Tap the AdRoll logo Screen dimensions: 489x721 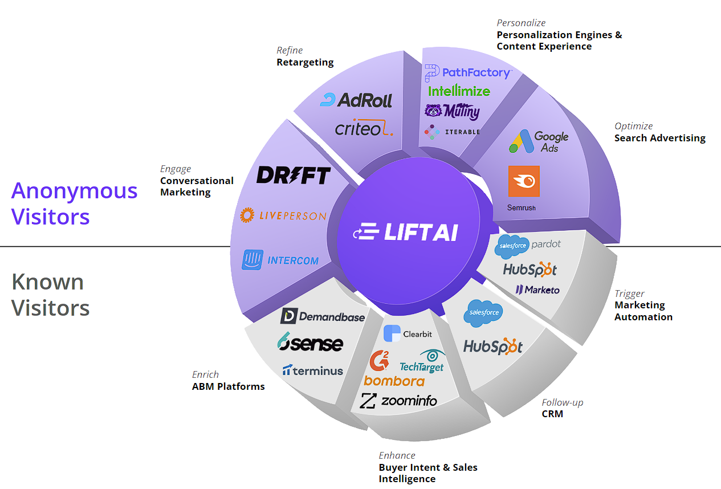point(356,100)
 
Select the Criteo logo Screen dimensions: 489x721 point(364,129)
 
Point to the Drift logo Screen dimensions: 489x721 point(294,175)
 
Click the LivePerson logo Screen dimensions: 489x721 point(283,215)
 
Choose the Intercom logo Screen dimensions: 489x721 point(280,260)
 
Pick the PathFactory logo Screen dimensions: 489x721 point(468,73)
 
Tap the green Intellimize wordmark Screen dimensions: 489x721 point(459,91)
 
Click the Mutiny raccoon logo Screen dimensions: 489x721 point(452,111)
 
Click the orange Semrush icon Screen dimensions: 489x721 point(524,181)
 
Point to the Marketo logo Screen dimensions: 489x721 point(537,290)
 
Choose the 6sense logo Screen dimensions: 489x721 point(310,343)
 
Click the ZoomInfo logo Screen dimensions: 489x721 point(398,401)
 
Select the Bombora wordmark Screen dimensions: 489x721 point(394,381)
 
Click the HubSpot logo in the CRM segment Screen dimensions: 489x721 point(493,346)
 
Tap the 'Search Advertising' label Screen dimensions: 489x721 point(659,138)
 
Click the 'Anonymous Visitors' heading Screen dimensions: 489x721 point(74,203)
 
